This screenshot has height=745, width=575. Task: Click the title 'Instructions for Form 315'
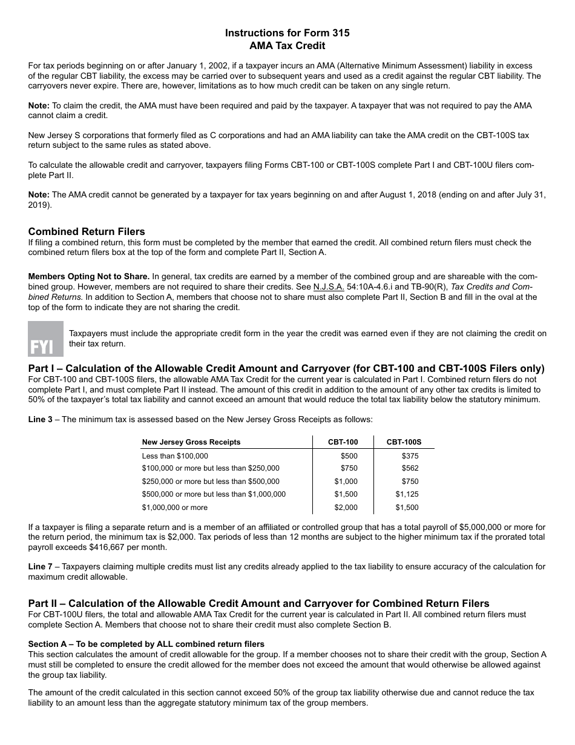pyautogui.click(x=287, y=33)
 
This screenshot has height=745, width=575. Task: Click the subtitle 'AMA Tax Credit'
pyautogui.click(x=287, y=45)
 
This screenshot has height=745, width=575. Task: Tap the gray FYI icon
pyautogui.click(x=45, y=339)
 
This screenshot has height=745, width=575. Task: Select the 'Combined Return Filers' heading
pyautogui.click(x=87, y=231)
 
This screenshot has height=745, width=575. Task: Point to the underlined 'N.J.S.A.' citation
pyautogui.click(x=329, y=286)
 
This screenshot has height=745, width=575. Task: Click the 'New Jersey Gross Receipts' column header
pyautogui.click(x=191, y=442)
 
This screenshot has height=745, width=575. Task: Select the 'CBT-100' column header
pyautogui.click(x=343, y=442)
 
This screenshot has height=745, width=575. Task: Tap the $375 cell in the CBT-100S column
pyautogui.click(x=410, y=456)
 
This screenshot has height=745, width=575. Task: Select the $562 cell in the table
pyautogui.click(x=410, y=468)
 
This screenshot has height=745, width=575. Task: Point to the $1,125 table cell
pyautogui.click(x=407, y=494)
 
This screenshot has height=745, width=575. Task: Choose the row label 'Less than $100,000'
pyautogui.click(x=175, y=456)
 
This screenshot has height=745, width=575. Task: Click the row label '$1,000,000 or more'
pyautogui.click(x=174, y=508)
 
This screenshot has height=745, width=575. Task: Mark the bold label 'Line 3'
pyautogui.click(x=41, y=419)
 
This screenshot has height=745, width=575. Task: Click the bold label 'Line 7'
pyautogui.click(x=41, y=567)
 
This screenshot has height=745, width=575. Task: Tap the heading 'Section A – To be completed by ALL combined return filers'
pyautogui.click(x=146, y=644)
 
